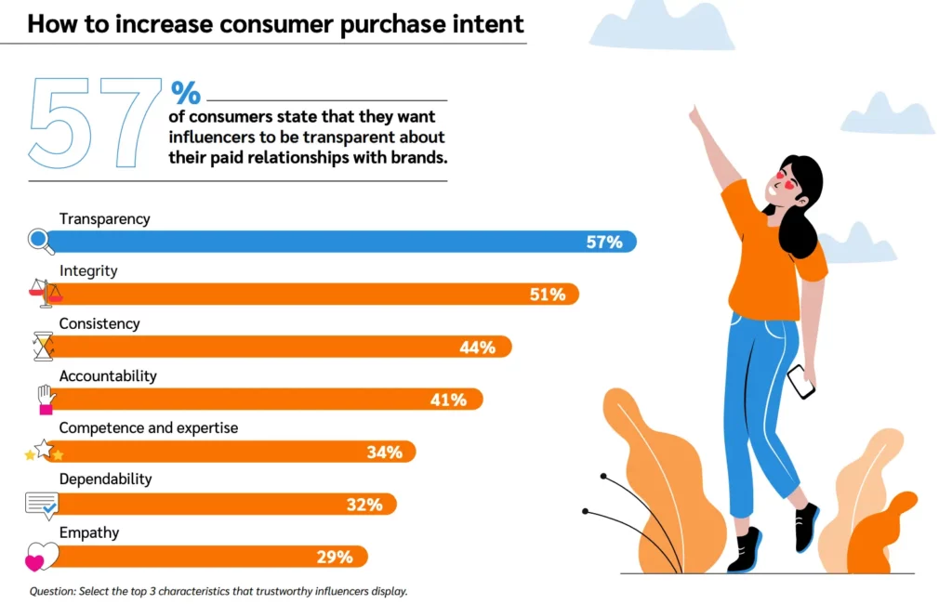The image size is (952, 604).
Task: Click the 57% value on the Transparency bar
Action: pos(603,243)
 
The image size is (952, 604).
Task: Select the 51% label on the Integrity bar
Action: pos(548,295)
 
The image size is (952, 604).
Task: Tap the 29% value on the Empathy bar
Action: pos(335,558)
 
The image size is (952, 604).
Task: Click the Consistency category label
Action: pos(99,323)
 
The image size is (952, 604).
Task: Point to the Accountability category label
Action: pos(108,376)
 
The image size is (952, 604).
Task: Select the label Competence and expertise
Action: pos(149,428)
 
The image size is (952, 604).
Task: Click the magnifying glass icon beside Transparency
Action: pos(40,242)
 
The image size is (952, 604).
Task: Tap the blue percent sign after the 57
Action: pos(185,93)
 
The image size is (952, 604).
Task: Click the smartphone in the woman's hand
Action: pos(800,381)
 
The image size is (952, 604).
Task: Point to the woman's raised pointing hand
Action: pos(695,118)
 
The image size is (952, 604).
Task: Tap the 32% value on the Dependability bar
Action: pos(364,505)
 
